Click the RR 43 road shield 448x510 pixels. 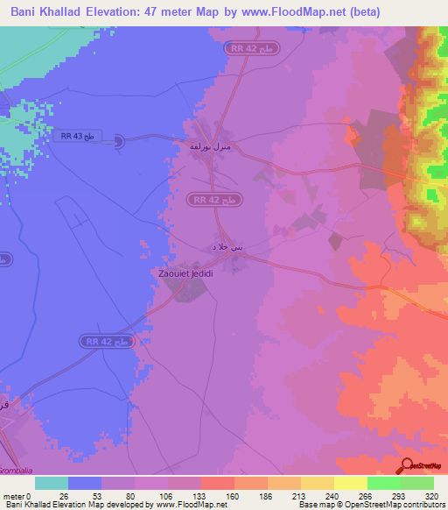[76, 135]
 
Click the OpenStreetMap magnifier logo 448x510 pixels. [407, 465]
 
